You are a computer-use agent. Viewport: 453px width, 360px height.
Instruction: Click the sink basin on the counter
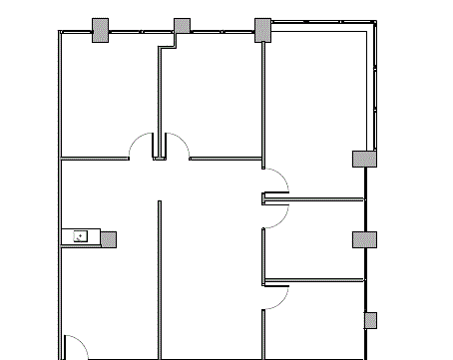[x=81, y=236]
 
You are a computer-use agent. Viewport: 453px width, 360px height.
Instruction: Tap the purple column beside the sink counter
[x=108, y=239]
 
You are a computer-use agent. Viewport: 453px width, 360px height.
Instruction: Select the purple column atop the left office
[x=101, y=31]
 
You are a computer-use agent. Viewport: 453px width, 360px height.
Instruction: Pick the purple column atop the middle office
[x=182, y=26]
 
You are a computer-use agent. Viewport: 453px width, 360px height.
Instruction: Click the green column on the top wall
[x=262, y=29]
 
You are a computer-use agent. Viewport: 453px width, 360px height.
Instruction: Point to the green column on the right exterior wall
[x=364, y=239]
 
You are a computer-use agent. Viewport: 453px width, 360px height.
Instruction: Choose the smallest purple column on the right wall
[x=370, y=320]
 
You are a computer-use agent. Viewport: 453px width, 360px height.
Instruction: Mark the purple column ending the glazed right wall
[x=364, y=158]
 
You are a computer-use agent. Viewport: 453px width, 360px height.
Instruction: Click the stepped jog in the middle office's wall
[x=168, y=44]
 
